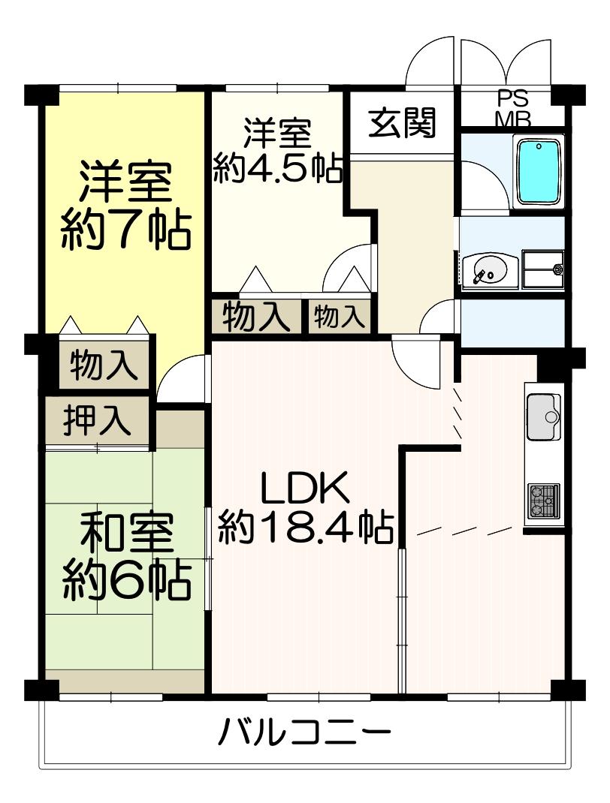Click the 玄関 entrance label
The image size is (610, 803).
[x=402, y=123]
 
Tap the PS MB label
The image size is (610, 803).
[x=513, y=109]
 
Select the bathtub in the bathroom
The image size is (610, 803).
[x=539, y=172]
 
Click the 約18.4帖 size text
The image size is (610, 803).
[x=306, y=528]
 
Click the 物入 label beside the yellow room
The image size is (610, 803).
[x=104, y=365]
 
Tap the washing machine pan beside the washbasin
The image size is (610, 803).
[x=543, y=270]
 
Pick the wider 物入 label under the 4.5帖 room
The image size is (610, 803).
[x=254, y=317]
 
